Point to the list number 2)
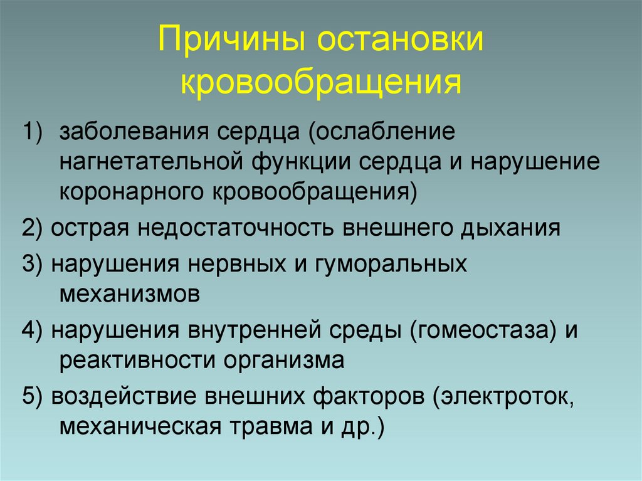click(x=34, y=228)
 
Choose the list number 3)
click(x=34, y=263)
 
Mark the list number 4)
click(x=34, y=330)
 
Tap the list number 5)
click(x=34, y=397)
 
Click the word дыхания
click(x=510, y=228)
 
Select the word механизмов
click(x=130, y=294)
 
